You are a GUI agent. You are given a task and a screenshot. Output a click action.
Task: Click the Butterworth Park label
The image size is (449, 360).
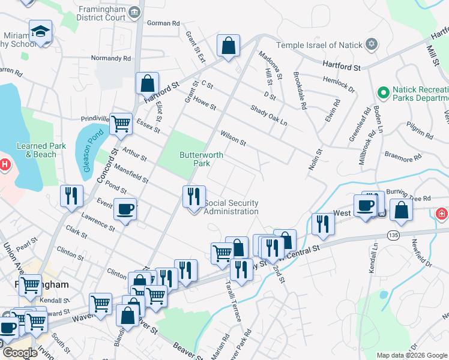tap(202, 158)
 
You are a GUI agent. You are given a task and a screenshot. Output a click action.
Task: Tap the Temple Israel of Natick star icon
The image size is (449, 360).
tap(372, 45)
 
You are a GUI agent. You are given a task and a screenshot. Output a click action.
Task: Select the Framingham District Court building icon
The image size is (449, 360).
tap(135, 13)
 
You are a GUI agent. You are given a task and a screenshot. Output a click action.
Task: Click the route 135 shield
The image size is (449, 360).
tap(393, 233)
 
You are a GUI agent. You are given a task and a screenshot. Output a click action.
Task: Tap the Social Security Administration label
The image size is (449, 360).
tap(231, 207)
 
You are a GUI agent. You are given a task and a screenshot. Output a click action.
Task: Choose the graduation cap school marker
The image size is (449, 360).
tap(40, 31)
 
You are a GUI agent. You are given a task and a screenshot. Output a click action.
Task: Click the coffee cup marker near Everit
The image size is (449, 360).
tap(125, 209)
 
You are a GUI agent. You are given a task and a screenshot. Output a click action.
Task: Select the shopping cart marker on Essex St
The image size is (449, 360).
tap(121, 124)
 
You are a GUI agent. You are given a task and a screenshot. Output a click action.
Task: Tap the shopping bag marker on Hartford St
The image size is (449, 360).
tap(147, 84)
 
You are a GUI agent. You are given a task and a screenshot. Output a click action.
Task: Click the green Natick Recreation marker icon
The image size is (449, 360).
tap(383, 92)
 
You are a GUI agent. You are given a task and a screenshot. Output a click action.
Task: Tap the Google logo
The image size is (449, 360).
tap(20, 353)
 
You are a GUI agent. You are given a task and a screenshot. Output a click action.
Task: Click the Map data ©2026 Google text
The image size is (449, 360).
tap(411, 355)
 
